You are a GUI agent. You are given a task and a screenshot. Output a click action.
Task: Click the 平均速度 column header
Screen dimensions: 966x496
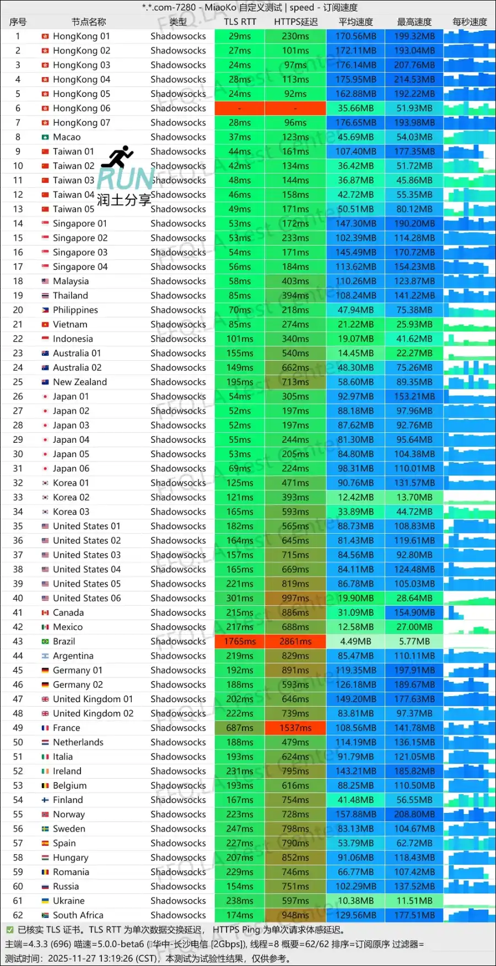point(355,22)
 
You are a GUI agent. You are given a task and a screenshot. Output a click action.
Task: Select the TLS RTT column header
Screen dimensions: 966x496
point(240,22)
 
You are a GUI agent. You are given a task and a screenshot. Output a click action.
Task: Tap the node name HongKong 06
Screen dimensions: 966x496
point(82,108)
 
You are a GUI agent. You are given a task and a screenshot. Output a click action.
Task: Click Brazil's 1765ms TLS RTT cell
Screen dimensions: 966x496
point(240,642)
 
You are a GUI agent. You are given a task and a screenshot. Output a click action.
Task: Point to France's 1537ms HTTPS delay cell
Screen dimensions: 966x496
point(295,728)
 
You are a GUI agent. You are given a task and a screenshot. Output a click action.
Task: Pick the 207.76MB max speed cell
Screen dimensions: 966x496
point(414,65)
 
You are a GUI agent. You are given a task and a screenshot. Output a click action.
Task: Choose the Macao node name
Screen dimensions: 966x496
point(67,137)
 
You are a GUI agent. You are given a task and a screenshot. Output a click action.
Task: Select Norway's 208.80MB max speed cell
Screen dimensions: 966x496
point(414,815)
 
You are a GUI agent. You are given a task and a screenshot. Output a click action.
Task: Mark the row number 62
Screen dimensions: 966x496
point(18,915)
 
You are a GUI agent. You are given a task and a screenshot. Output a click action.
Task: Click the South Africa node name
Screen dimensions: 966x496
point(78,915)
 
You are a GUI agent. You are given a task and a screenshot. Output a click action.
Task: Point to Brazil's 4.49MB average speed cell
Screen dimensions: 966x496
point(355,642)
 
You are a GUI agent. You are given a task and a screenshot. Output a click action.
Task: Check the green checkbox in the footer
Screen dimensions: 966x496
point(9,930)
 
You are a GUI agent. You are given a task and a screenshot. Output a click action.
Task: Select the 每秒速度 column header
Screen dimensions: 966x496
point(470,22)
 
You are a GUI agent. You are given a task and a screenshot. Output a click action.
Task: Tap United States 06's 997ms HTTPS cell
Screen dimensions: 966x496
point(295,599)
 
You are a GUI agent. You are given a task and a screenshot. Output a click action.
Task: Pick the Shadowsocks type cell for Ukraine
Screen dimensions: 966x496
point(178,901)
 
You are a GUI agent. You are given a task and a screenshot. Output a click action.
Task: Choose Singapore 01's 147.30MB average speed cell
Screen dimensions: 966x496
point(355,224)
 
